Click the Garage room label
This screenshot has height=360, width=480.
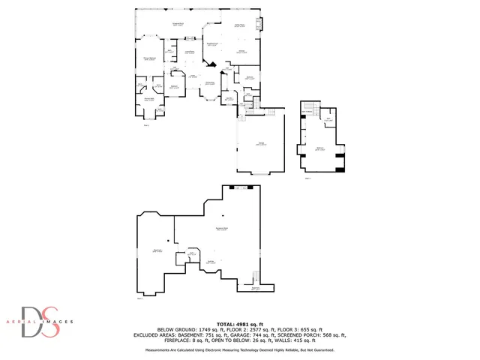click(x=260, y=145)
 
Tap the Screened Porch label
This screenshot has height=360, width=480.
click(x=179, y=25)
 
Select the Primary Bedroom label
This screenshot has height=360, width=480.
click(x=150, y=58)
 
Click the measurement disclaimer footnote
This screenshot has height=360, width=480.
click(x=240, y=349)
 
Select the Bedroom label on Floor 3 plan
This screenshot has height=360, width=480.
click(x=320, y=148)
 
